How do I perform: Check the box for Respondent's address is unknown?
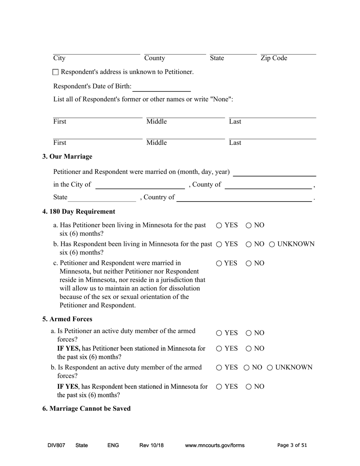56,72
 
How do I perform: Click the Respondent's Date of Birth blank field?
161,87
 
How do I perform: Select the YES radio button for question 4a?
219,225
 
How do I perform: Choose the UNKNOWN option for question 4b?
272,244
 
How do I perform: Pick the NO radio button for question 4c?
249,263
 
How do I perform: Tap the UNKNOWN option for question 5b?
270,367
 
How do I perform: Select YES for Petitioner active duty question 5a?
219,333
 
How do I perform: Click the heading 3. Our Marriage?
67,156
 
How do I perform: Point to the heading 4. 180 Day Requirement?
78,211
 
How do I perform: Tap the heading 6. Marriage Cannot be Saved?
86,408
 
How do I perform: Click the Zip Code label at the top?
274,58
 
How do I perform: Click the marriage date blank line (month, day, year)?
274,172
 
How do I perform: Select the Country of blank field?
244,198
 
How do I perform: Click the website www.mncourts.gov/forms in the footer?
214,446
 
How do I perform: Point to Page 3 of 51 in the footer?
292,446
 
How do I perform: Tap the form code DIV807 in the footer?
56,446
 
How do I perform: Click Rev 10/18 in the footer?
151,446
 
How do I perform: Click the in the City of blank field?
140,185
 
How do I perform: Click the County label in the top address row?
155,58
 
